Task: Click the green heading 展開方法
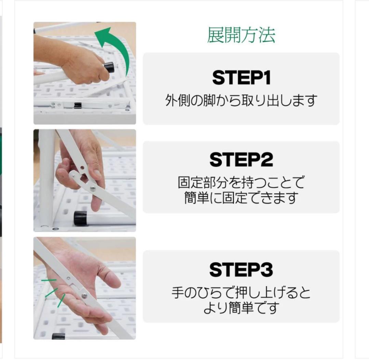tap(241, 35)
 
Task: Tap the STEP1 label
tap(241, 78)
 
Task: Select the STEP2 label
tap(241, 160)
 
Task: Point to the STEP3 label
tap(241, 270)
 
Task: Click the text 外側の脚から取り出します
tap(241, 101)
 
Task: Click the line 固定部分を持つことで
tap(241, 183)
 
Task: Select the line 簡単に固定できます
tap(241, 198)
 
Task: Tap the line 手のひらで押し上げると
tap(241, 293)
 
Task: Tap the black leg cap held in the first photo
tap(109, 67)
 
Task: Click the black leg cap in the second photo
tap(80, 218)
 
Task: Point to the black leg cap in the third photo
tap(58, 336)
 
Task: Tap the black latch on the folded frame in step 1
tap(78, 105)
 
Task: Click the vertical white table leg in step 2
tap(46, 178)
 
